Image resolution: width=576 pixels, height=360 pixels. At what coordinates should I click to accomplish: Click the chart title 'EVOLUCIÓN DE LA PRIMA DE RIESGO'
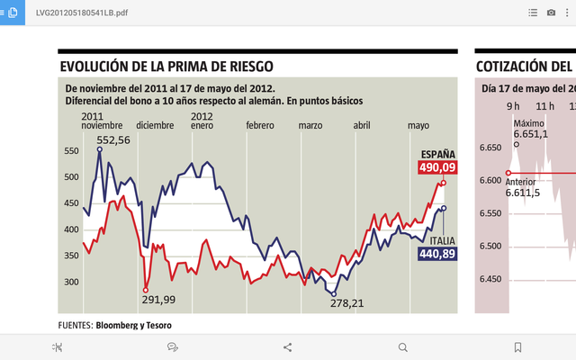click(166, 67)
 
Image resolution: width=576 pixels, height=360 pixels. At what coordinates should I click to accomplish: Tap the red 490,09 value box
click(437, 167)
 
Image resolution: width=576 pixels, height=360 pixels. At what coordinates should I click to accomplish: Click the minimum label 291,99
click(157, 300)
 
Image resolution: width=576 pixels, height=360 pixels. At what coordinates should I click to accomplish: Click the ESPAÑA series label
click(438, 154)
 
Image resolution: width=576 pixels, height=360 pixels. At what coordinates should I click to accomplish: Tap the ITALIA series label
click(441, 241)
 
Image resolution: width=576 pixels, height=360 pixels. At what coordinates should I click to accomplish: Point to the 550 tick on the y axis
click(70, 152)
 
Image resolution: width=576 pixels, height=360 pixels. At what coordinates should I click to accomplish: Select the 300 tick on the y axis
click(70, 282)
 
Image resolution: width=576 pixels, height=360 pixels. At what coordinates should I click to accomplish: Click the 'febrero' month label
click(260, 125)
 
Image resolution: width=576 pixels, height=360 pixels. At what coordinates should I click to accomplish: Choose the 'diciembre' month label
click(156, 125)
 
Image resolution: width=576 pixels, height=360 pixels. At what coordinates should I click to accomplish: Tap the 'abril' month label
click(362, 125)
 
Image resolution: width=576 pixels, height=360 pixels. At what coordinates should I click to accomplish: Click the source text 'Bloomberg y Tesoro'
click(133, 325)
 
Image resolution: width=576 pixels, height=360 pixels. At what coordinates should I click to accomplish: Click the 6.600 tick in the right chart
click(491, 180)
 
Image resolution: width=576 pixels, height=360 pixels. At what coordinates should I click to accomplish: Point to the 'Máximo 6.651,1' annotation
click(529, 129)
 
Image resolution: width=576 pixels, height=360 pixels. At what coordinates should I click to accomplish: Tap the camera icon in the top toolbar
click(551, 13)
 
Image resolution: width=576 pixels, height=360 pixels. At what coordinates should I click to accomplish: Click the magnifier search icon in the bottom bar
click(402, 346)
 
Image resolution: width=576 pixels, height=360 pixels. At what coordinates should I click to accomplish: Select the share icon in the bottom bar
click(288, 346)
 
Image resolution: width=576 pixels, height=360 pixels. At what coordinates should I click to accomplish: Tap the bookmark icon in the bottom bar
click(517, 346)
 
